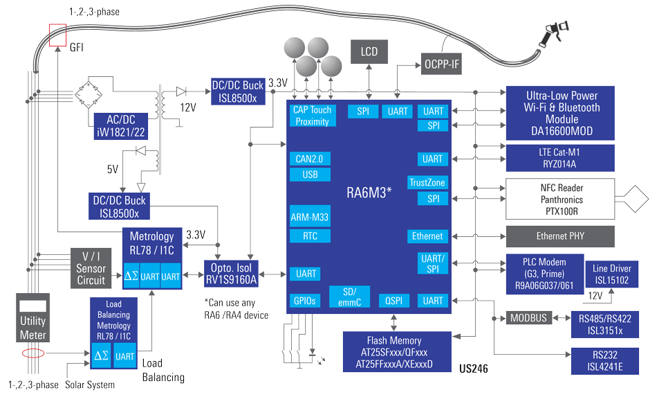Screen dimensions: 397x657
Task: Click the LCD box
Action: pyautogui.click(x=370, y=51)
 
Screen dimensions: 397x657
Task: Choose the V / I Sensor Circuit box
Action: pyautogui.click(x=91, y=269)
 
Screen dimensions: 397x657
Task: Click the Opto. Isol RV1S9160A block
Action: pyautogui.click(x=231, y=274)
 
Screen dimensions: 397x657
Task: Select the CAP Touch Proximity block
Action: pyautogui.click(x=313, y=116)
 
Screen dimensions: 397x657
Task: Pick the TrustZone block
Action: pyautogui.click(x=427, y=183)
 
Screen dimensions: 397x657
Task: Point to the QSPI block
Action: pyautogui.click(x=394, y=301)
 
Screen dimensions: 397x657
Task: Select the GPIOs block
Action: pyautogui.click(x=306, y=301)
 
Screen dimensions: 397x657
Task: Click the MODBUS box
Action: pyautogui.click(x=528, y=319)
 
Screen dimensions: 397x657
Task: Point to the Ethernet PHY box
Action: pyautogui.click(x=560, y=236)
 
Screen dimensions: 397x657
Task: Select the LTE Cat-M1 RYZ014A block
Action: pyautogui.click(x=560, y=157)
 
